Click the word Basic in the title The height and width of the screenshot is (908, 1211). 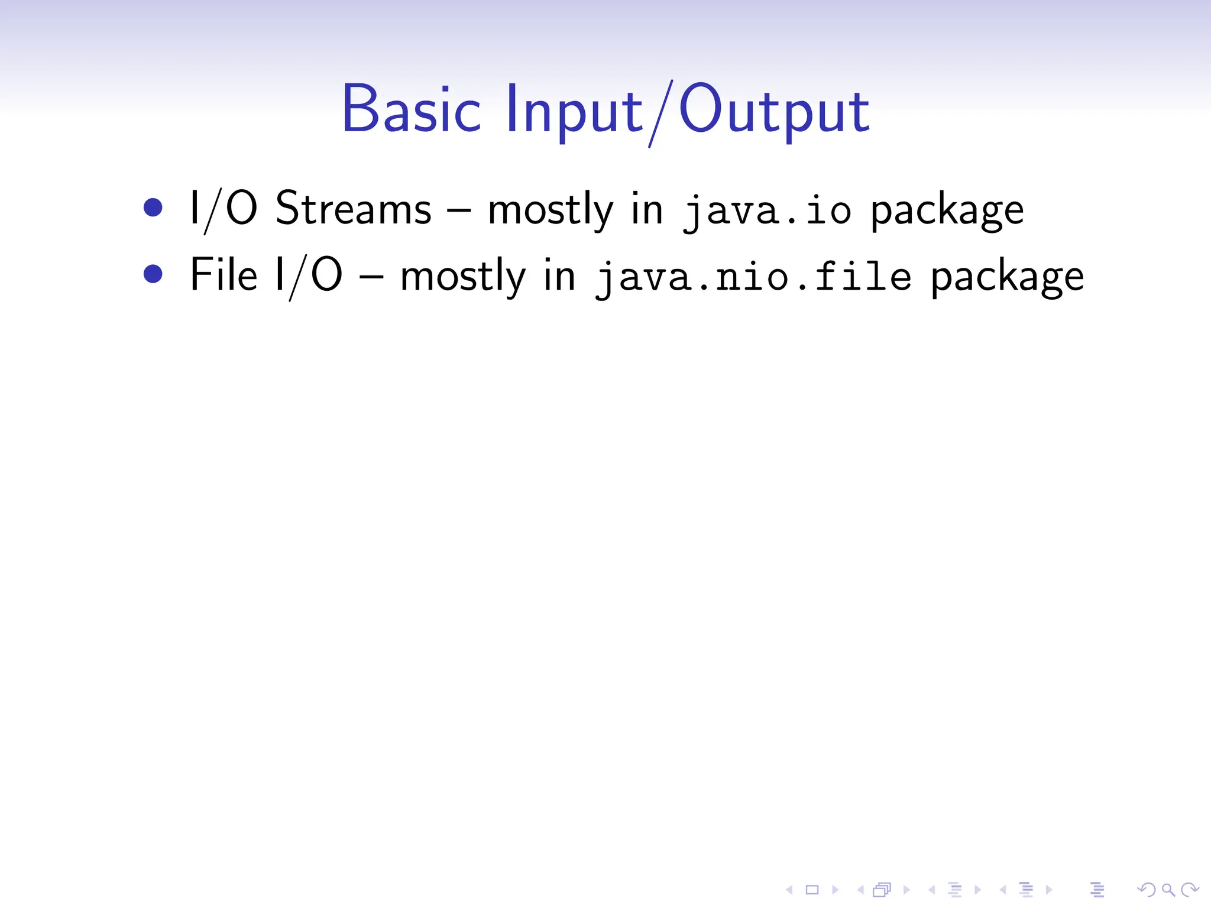tap(411, 110)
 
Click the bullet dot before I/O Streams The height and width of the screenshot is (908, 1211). tap(153, 207)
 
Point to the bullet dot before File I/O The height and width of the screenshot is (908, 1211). tap(153, 274)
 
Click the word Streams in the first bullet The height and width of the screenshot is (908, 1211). tap(353, 208)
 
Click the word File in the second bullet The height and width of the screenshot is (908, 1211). tap(223, 274)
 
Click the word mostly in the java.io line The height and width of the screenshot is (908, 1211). tap(551, 210)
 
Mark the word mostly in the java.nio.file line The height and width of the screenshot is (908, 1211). tap(463, 277)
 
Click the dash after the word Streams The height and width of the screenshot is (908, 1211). tap(459, 210)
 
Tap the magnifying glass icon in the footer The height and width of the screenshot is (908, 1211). tap(1168, 889)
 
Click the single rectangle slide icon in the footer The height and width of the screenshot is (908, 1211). tap(812, 889)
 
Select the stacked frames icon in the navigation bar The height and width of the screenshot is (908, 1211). tap(882, 889)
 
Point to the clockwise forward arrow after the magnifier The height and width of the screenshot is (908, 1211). tap(1190, 889)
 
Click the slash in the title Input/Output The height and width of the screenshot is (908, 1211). tap(660, 113)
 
